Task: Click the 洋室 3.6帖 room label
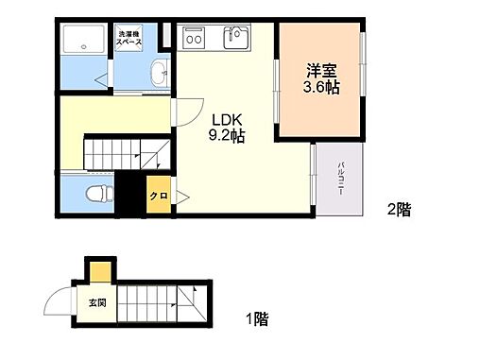tap(322, 78)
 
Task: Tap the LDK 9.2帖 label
tap(228, 128)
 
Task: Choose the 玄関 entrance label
tap(97, 303)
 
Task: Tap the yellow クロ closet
tap(159, 196)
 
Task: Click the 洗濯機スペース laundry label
tap(130, 37)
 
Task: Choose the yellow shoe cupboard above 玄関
tap(98, 272)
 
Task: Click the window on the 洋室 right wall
tap(363, 65)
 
